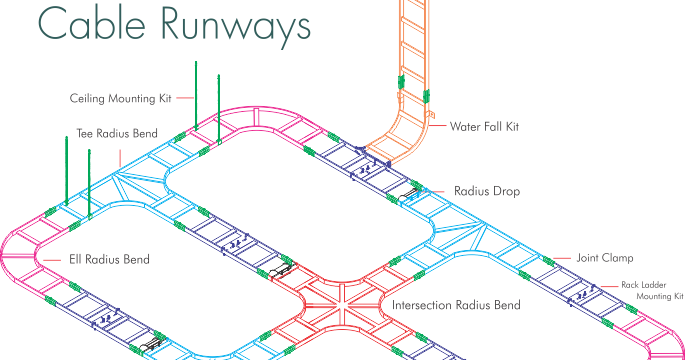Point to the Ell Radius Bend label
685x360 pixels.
click(109, 259)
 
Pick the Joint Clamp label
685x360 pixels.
click(604, 258)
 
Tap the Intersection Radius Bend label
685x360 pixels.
click(455, 304)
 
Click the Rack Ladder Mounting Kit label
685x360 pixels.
click(651, 289)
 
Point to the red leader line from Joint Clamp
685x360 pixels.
click(560, 258)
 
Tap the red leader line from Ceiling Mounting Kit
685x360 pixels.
click(182, 98)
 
